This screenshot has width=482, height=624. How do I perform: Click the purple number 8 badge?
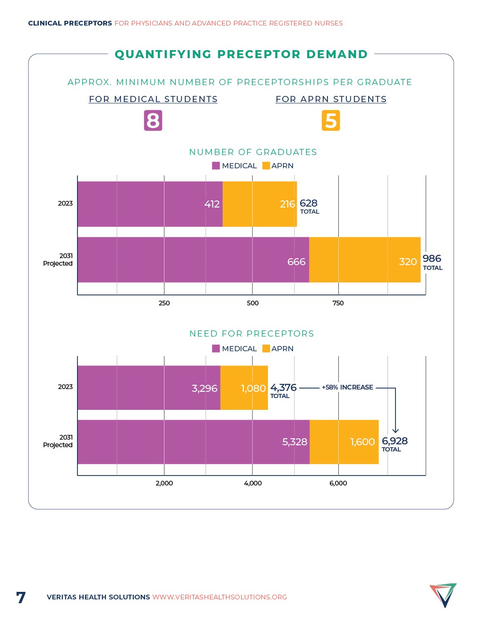(153, 121)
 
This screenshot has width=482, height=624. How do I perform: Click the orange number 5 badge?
(331, 121)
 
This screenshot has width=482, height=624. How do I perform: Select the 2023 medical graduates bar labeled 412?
(150, 204)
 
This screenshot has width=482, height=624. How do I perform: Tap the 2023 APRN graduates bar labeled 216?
(259, 204)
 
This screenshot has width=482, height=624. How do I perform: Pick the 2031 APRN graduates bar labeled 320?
(365, 260)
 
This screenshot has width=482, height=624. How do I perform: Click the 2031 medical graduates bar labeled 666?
(193, 260)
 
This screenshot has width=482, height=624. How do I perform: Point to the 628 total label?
(309, 206)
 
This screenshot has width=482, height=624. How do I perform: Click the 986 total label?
(432, 261)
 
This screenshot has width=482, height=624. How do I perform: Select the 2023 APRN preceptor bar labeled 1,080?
(244, 388)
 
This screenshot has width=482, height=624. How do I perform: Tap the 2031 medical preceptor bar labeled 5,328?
(193, 442)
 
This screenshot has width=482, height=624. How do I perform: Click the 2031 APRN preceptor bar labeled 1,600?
(344, 442)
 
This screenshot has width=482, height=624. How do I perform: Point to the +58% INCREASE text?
(347, 387)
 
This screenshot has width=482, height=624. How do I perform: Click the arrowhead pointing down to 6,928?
(396, 430)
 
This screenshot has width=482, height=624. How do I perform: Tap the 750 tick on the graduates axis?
(338, 303)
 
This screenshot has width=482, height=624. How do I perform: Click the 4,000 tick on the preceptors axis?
(253, 483)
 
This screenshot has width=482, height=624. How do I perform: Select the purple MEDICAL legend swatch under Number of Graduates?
(216, 165)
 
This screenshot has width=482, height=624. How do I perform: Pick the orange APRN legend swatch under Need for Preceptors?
(266, 348)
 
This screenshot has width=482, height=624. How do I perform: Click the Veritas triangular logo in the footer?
(443, 595)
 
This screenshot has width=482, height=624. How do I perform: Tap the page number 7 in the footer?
(21, 598)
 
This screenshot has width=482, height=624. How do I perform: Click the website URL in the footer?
(219, 597)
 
